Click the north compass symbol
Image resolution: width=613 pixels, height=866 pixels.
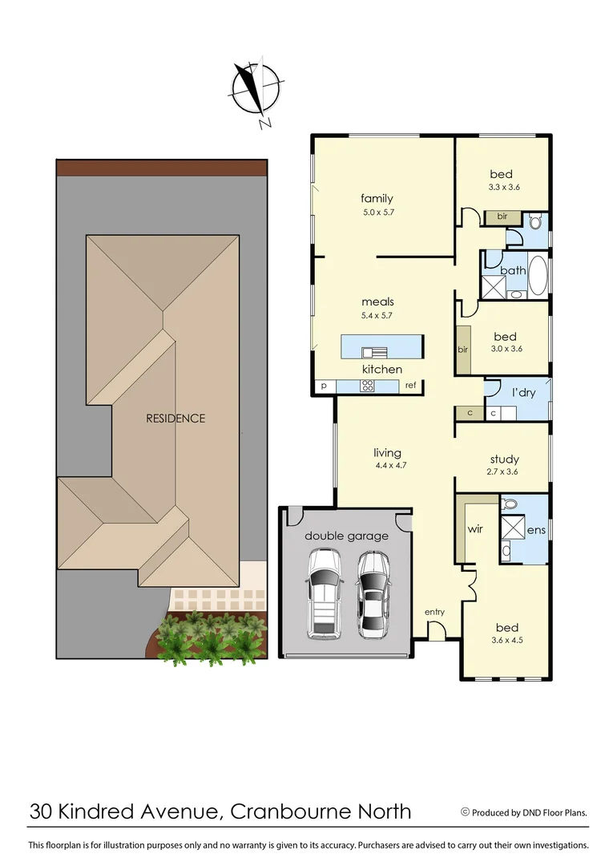click(256, 89)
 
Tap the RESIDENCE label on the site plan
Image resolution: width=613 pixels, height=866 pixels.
click(175, 418)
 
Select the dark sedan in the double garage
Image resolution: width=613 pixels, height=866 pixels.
click(373, 593)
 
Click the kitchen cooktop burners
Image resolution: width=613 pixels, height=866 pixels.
click(368, 386)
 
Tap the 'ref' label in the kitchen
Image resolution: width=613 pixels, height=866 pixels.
click(410, 386)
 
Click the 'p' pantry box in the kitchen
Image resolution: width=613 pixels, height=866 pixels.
click(324, 386)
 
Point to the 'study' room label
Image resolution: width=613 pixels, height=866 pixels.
click(505, 459)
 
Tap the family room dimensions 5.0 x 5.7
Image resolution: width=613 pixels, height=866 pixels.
click(377, 212)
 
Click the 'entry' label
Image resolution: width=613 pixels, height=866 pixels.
click(434, 612)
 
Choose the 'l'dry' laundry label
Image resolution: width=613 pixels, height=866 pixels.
click(523, 393)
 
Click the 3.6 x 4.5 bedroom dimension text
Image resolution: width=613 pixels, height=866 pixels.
click(506, 640)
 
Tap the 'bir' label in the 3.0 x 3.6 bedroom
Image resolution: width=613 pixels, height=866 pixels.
click(463, 350)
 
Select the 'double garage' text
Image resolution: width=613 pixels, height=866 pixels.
click(346, 536)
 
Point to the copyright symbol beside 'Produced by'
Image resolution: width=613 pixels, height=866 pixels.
click(465, 811)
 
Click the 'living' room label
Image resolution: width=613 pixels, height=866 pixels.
click(388, 452)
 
